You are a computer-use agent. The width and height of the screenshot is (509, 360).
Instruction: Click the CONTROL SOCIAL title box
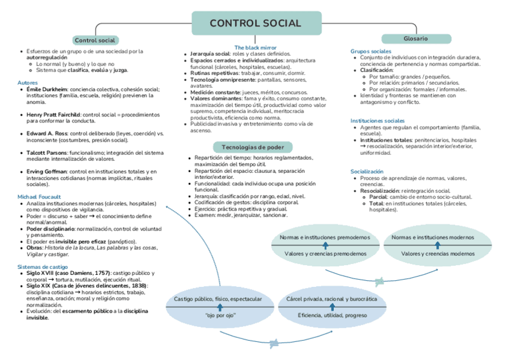point(255,23)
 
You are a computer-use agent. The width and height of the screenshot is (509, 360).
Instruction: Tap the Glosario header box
point(415,38)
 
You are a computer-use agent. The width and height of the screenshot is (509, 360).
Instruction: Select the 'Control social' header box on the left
point(94,40)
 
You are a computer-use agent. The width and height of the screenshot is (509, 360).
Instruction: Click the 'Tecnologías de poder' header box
point(253,147)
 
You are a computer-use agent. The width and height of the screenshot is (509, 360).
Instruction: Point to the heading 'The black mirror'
point(255,47)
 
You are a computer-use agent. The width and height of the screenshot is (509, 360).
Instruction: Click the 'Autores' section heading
point(28,82)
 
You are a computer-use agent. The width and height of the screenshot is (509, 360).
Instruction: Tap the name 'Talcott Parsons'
point(46,152)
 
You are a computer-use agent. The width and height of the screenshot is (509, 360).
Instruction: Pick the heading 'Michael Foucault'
point(39,197)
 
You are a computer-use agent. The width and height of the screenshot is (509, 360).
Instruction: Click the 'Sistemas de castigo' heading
point(43,266)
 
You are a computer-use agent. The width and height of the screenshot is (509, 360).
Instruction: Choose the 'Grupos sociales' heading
point(371,52)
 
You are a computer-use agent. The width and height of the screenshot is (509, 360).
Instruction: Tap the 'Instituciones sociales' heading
point(378,121)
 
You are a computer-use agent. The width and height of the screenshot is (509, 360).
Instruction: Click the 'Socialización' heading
point(367,172)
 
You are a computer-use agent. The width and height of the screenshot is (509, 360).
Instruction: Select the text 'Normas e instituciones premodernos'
point(325,238)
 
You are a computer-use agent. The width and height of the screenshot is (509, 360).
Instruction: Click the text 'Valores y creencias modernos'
point(438,254)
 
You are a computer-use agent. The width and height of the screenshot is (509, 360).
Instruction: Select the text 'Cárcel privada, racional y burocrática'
point(332,299)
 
